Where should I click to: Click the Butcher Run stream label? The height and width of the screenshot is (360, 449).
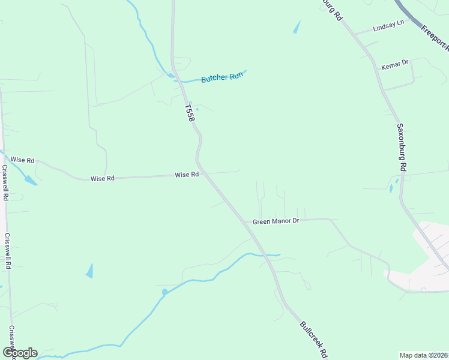(222, 77)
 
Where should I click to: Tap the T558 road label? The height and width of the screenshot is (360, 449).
(190, 113)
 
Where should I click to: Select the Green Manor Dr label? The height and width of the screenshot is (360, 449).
(276, 221)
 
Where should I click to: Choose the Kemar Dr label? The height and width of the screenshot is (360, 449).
(395, 62)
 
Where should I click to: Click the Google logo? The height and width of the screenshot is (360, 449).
(20, 352)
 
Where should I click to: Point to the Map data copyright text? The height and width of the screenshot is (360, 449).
(424, 355)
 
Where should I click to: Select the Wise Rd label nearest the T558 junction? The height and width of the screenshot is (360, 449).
(187, 175)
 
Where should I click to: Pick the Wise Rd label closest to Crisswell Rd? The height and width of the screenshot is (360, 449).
(22, 160)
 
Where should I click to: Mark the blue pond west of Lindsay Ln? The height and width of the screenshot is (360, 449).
(297, 27)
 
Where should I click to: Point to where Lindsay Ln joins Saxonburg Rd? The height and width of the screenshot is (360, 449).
(354, 34)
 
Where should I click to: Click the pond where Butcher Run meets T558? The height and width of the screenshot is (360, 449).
(172, 76)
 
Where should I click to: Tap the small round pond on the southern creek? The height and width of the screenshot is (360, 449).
(164, 292)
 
